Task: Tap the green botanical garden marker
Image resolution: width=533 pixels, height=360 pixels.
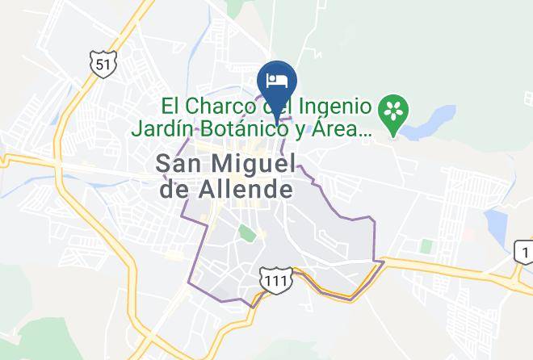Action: coord(393,111)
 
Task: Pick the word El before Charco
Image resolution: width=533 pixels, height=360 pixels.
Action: coord(171,106)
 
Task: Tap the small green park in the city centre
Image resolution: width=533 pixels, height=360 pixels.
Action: coord(247,234)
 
